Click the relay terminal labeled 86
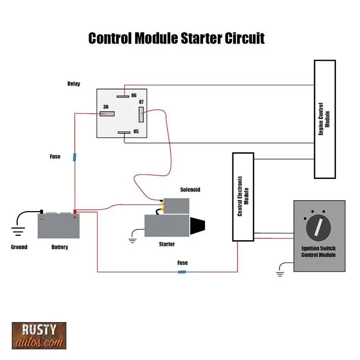point(123,96)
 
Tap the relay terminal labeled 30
point(107,114)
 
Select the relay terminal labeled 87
point(141,114)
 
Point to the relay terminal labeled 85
point(124,133)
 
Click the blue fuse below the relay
point(75,157)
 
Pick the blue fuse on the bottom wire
point(182,272)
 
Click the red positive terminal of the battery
point(75,212)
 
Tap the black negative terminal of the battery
point(42,212)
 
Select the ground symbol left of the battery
point(17,230)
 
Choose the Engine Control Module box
point(325,119)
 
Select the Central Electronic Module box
point(243,197)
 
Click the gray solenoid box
point(176,206)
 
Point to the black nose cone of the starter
point(197,226)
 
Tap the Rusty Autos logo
point(39,335)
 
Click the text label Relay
point(74,84)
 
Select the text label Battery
point(60,247)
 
